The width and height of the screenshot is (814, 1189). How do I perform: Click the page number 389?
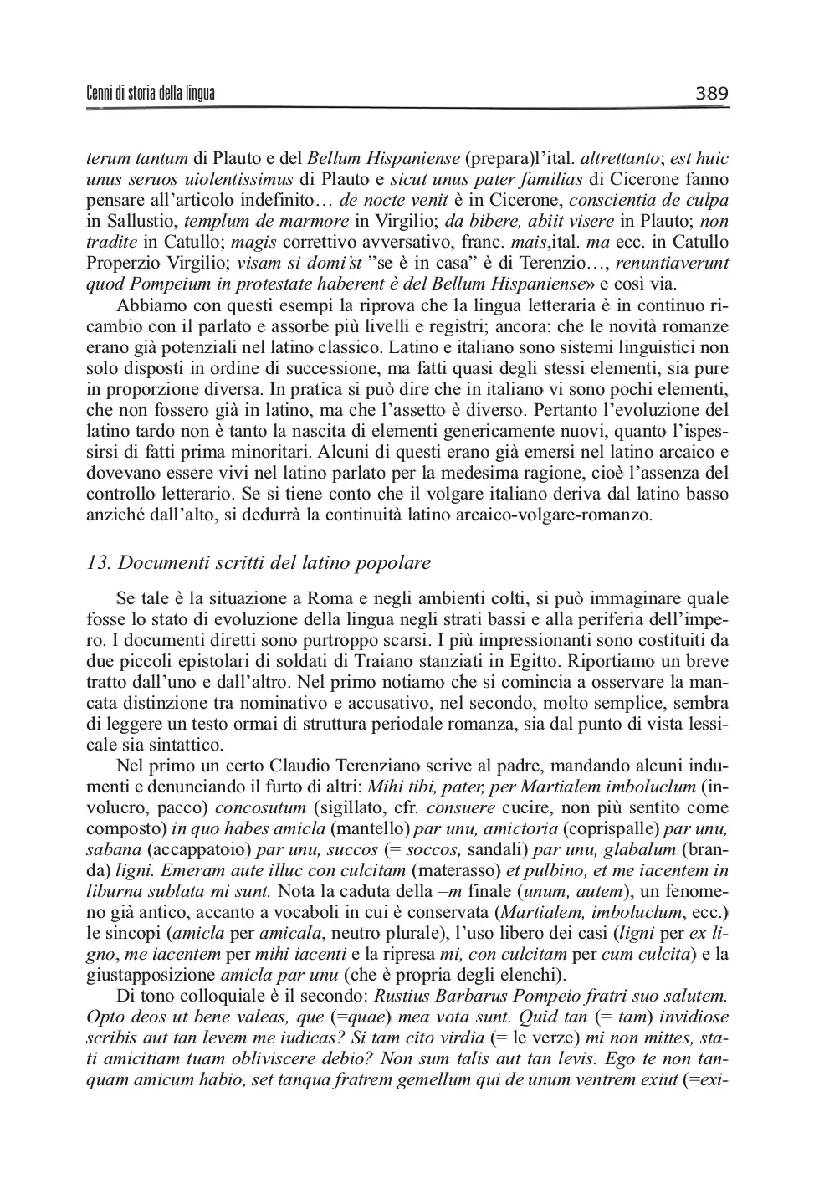(712, 93)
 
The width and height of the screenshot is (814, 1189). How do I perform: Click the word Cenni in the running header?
(100, 93)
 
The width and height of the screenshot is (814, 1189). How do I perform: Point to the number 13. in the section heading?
(100, 562)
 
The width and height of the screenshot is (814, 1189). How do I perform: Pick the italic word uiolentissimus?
(238, 179)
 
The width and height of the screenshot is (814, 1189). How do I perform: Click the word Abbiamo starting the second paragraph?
(149, 305)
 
